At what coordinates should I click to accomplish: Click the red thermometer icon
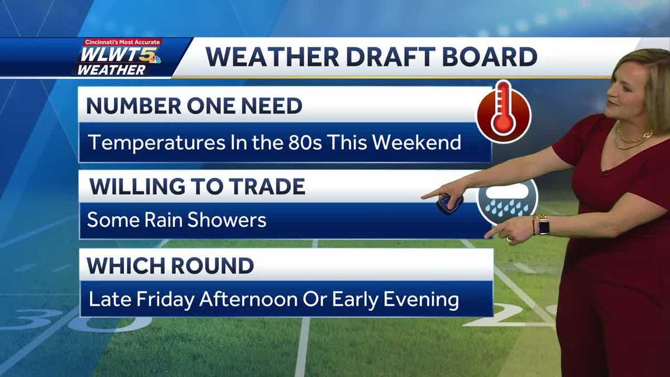pos(503,112)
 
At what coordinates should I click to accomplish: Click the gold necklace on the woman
pos(633,137)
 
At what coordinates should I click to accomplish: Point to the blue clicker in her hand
pos(449,204)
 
